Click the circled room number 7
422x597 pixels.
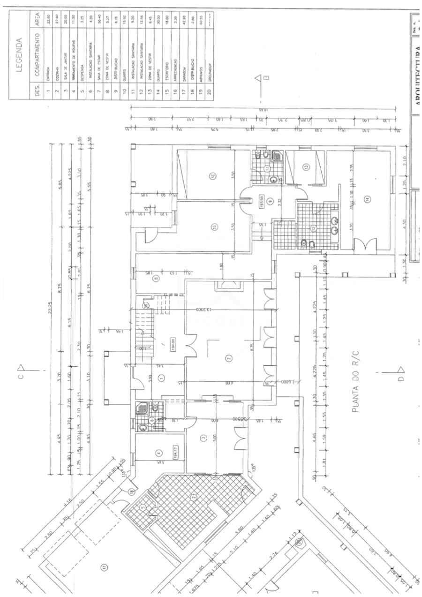pyautogui.click(x=229, y=358)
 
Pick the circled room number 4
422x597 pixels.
pyautogui.click(x=158, y=453)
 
